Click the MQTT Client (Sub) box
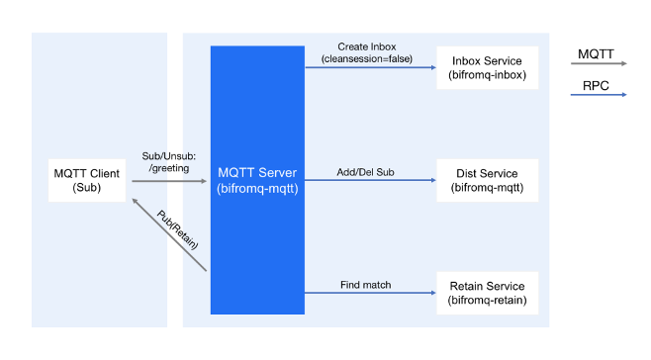pos(87,180)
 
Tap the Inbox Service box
pos(487,67)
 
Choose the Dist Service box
pos(487,180)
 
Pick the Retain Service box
pos(487,292)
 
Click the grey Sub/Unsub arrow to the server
pos(169,182)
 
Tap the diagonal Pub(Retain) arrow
pos(167,232)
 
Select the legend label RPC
pos(597,84)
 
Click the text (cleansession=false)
pos(366,59)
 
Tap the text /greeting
pos(169,168)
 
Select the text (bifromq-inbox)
pos(487,74)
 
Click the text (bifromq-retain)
pos(487,299)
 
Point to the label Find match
pos(366,285)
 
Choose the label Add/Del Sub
pos(366,172)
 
